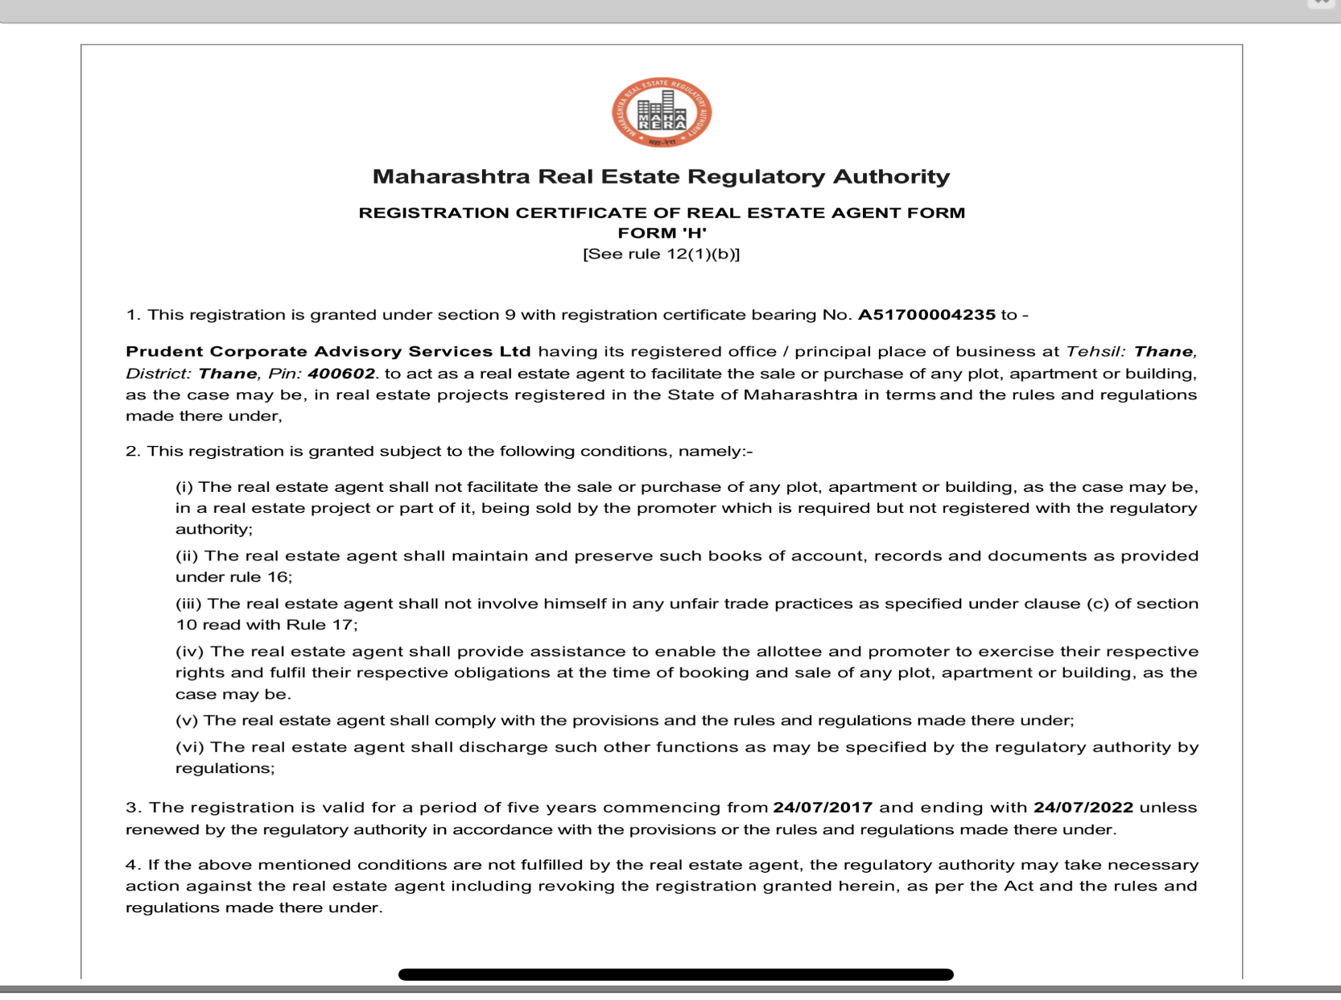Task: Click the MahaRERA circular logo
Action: click(661, 112)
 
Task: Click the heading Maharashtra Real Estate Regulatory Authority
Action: click(661, 176)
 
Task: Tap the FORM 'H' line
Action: click(662, 233)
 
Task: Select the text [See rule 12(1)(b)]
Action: click(661, 254)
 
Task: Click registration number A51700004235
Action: click(926, 315)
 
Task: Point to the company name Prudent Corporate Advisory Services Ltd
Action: click(328, 352)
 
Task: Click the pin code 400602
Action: click(341, 374)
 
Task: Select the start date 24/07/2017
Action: click(822, 808)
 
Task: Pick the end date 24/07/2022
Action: click(1083, 808)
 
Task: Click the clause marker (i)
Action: click(184, 487)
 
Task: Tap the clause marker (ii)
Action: click(188, 556)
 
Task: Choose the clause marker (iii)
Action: click(190, 604)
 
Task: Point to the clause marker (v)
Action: click(187, 721)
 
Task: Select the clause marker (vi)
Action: click(191, 747)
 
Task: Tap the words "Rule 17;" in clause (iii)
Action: click(322, 625)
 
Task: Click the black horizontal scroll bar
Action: click(675, 974)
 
